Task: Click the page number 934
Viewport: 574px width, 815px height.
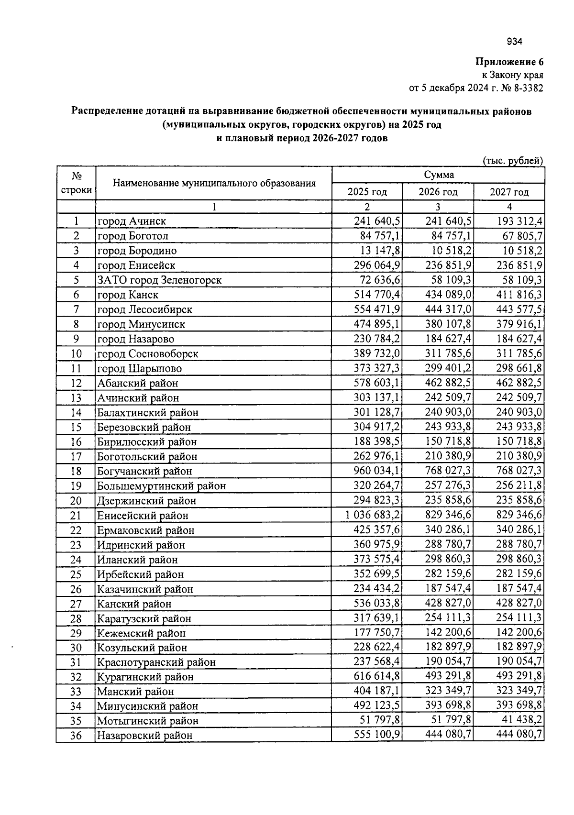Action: click(514, 42)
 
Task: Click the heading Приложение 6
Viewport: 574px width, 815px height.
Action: click(509, 62)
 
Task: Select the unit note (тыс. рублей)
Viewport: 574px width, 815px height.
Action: click(513, 161)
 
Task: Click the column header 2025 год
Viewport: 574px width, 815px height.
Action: click(367, 192)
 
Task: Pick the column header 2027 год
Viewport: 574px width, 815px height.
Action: click(509, 192)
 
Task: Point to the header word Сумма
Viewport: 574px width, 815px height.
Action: click(439, 175)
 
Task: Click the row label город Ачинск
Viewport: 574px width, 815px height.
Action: click(132, 221)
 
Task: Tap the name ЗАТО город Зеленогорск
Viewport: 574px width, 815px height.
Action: click(159, 280)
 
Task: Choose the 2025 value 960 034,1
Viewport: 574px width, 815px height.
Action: click(377, 471)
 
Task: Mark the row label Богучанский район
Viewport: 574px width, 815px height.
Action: click(144, 472)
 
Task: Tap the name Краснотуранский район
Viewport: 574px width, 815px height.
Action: click(156, 662)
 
